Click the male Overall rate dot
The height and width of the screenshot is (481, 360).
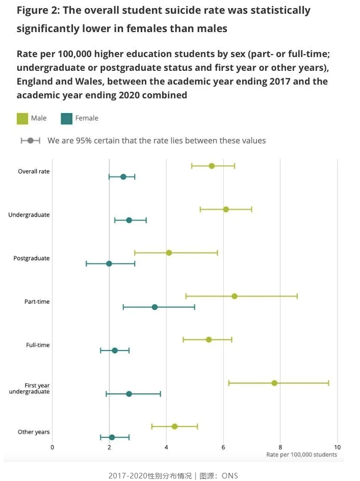[x=212, y=166]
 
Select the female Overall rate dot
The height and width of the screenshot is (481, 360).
[x=123, y=177]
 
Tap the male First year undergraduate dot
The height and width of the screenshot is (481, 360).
[x=274, y=383]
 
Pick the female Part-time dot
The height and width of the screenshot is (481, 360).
[x=155, y=307]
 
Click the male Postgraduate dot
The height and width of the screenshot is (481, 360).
[x=169, y=253]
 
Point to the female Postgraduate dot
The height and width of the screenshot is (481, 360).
[x=109, y=263]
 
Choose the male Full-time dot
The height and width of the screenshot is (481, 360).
[x=209, y=339]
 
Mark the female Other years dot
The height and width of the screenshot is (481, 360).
[x=112, y=437]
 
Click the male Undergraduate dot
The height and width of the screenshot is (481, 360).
[x=226, y=209]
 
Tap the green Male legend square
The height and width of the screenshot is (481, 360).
[x=22, y=118]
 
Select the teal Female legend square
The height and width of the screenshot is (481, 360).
[x=66, y=118]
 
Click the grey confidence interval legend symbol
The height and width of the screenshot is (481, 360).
[x=30, y=141]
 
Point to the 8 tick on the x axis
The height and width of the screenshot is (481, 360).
[x=280, y=447]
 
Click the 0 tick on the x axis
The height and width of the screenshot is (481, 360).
[x=52, y=447]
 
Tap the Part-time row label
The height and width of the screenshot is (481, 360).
[x=37, y=302]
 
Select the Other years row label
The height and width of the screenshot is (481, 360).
[x=34, y=432]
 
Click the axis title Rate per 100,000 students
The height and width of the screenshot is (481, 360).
[x=301, y=455]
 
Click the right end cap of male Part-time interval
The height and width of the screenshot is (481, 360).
[x=297, y=296]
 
